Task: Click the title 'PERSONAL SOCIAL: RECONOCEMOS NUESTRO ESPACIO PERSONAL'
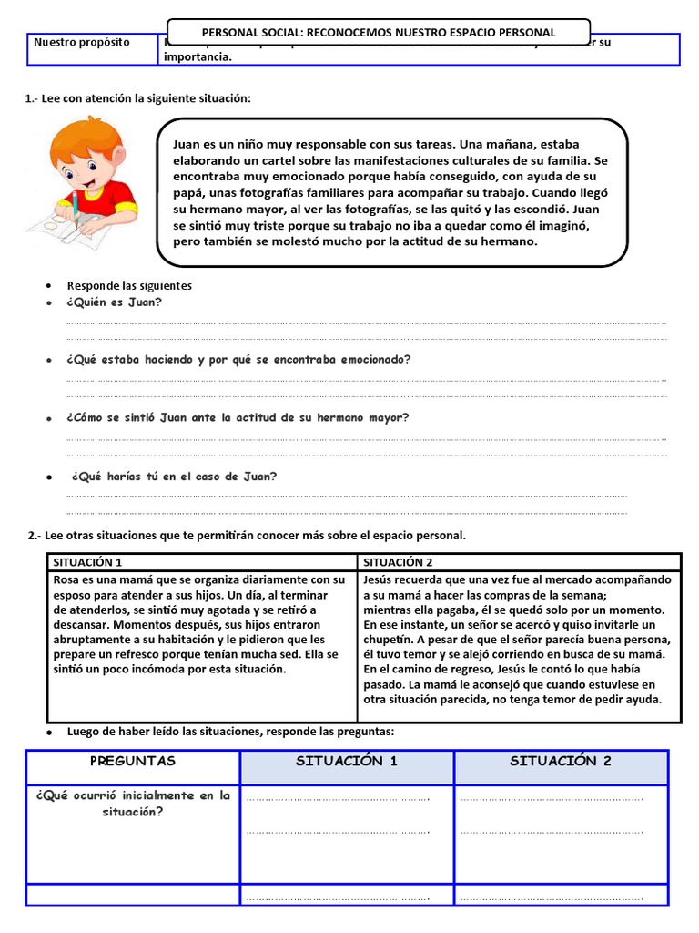click(x=378, y=32)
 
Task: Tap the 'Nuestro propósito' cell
click(x=82, y=43)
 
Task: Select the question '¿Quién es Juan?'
click(x=115, y=302)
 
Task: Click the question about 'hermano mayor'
click(x=238, y=417)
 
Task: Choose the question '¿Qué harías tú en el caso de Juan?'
click(x=173, y=477)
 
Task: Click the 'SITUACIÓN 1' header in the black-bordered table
click(x=88, y=562)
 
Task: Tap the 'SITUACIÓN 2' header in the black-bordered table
click(x=399, y=562)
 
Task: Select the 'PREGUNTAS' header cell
click(x=133, y=762)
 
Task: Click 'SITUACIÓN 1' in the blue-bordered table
click(x=347, y=762)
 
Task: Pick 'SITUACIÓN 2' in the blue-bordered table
click(x=561, y=762)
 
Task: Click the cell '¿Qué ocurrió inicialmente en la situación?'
click(x=133, y=803)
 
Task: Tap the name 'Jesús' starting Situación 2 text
click(x=380, y=579)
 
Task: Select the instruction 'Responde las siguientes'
click(x=129, y=285)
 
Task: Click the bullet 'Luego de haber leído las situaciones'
click(x=230, y=732)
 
